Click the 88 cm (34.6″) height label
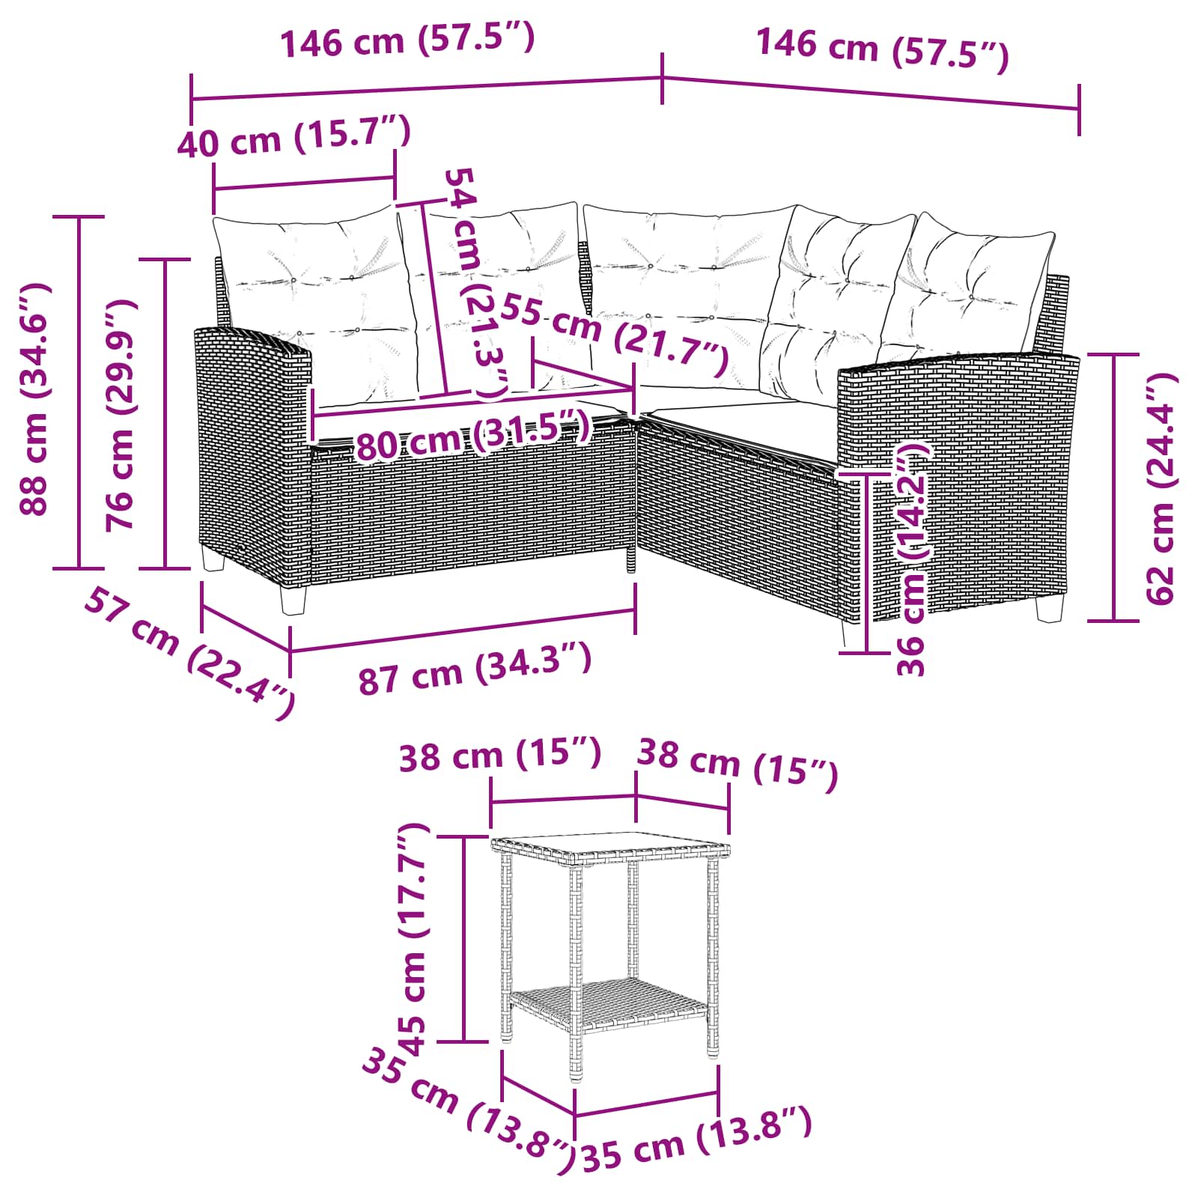point(34,399)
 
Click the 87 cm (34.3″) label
point(475,669)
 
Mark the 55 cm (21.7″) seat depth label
point(614,335)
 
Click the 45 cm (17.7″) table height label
point(413,940)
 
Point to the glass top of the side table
point(609,849)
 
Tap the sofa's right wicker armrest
point(956,479)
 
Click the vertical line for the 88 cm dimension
point(79,392)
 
